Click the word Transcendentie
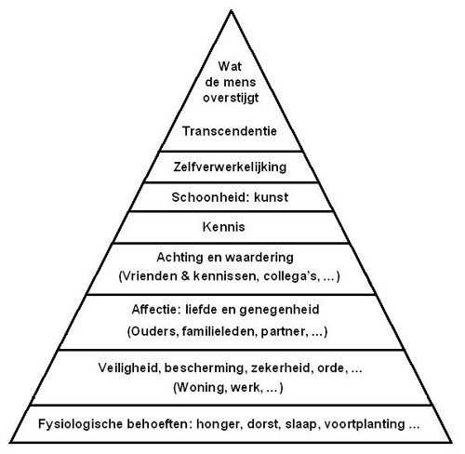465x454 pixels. click(230, 131)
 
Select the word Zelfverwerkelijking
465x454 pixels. click(230, 167)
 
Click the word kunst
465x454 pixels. click(272, 197)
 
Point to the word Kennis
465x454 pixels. click(224, 227)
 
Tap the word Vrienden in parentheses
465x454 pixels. click(150, 276)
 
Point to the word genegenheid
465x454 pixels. click(279, 310)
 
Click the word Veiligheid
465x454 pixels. click(129, 368)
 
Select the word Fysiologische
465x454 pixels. click(80, 424)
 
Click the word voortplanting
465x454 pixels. click(365, 424)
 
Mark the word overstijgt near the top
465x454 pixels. click(231, 98)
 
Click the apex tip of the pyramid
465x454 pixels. click(231, 10)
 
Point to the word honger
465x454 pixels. click(219, 424)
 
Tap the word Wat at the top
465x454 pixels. click(230, 66)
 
